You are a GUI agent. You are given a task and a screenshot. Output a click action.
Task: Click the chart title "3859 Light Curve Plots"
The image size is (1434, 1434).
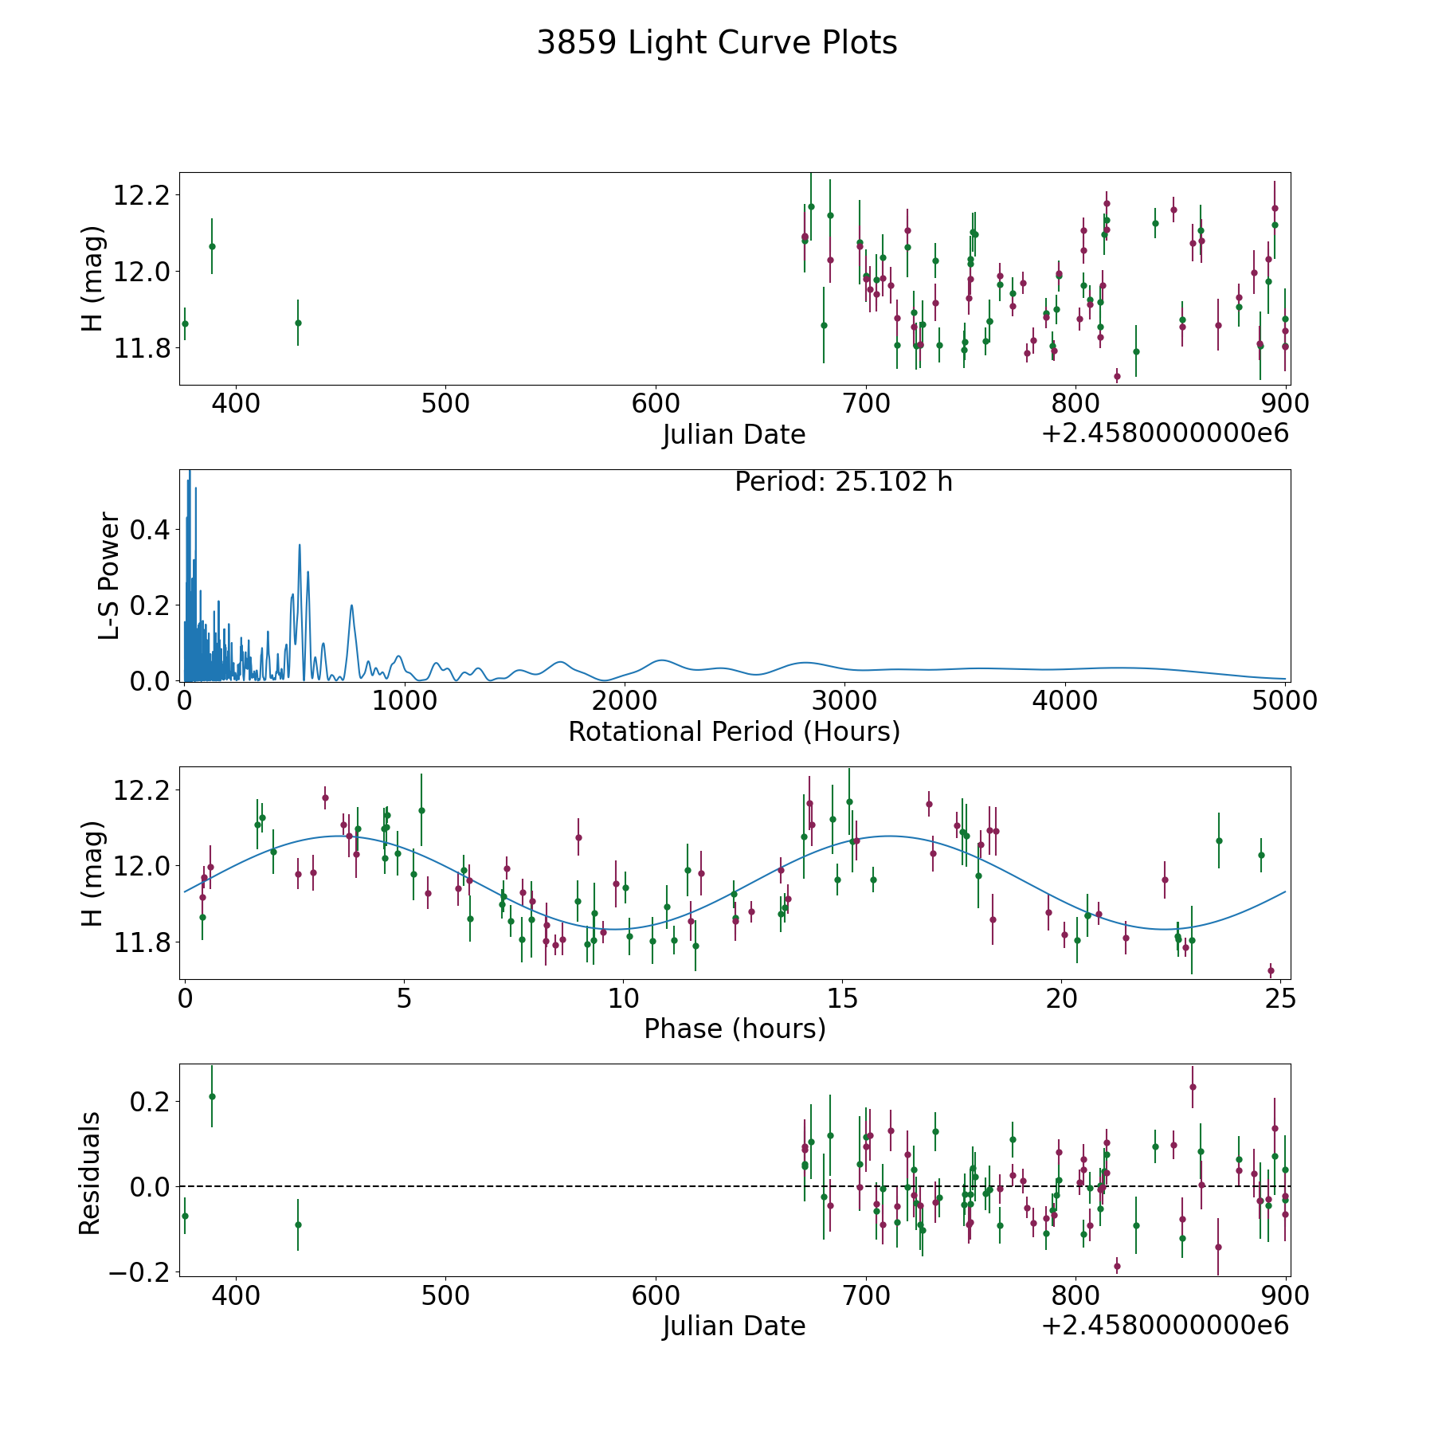tap(717, 43)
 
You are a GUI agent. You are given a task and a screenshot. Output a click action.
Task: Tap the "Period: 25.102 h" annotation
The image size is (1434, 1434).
tap(844, 482)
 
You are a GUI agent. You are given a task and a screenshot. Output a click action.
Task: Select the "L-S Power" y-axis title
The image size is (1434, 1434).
tap(110, 576)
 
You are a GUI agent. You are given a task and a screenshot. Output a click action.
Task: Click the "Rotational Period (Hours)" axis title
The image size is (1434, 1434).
tap(735, 731)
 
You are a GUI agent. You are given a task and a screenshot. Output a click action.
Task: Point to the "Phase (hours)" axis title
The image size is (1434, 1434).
tap(735, 1028)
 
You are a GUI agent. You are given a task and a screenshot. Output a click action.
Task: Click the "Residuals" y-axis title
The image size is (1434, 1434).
tap(90, 1173)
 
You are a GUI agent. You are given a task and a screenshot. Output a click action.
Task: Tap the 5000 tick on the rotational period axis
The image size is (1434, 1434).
tap(1285, 700)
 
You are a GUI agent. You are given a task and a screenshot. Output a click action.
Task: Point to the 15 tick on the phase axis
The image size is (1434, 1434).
tap(843, 998)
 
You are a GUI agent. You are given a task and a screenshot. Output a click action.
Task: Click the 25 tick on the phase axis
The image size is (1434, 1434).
tap(1281, 998)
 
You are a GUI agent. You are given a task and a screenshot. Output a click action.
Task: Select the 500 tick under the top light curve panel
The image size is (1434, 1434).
tap(445, 404)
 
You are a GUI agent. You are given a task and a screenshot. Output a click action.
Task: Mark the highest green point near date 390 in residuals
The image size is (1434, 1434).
tap(212, 1096)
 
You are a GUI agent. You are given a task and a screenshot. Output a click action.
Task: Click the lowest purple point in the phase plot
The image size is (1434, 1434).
tap(1271, 970)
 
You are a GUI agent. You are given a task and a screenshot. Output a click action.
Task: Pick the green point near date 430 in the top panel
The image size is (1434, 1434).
tap(298, 323)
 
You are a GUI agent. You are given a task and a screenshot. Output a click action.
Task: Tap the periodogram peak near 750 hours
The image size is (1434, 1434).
tap(351, 605)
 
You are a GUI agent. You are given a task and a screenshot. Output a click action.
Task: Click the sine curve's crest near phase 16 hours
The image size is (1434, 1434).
tap(888, 836)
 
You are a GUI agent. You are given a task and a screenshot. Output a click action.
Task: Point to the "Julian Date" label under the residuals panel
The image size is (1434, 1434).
tap(735, 1326)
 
